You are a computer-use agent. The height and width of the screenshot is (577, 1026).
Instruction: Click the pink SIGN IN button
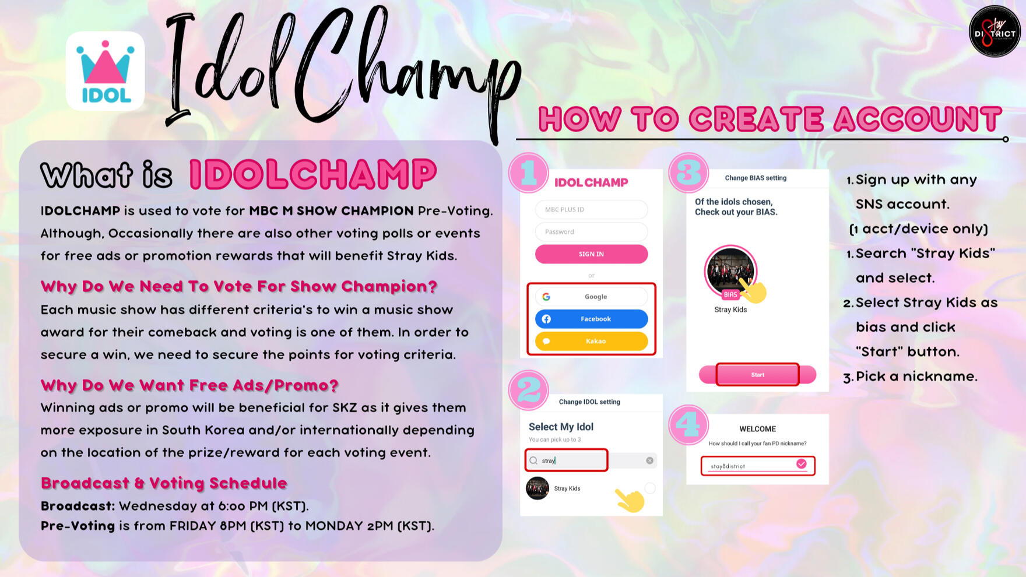[x=591, y=254]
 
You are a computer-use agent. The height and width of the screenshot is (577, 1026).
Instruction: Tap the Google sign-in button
[x=591, y=297]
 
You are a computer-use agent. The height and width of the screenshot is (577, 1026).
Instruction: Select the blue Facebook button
[x=591, y=319]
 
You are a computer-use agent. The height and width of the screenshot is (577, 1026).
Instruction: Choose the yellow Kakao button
[x=591, y=341]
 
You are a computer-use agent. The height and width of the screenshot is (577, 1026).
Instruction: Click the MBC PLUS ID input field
[x=591, y=209]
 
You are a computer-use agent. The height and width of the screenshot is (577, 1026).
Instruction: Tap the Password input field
[x=591, y=231]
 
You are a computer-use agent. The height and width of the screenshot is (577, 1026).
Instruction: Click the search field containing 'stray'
[x=591, y=460]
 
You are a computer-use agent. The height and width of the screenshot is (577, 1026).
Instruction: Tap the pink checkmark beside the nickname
[x=802, y=464]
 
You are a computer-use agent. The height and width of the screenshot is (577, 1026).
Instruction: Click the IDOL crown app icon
[x=106, y=71]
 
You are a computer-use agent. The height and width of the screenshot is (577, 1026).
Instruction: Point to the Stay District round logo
[x=995, y=31]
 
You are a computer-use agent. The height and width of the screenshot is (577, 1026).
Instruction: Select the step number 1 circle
[x=529, y=173]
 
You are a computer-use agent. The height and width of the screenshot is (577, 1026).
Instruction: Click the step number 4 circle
[x=688, y=425]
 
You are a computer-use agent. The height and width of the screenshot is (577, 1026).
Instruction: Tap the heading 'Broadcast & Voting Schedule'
[x=164, y=483]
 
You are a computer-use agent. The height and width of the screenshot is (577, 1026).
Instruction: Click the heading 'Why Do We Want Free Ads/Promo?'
[x=189, y=385]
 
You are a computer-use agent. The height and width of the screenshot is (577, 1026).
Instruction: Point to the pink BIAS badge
[x=730, y=295]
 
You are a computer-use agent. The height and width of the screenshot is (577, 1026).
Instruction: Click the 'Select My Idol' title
[x=561, y=427]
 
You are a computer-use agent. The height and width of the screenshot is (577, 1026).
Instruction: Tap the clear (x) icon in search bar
[x=650, y=460]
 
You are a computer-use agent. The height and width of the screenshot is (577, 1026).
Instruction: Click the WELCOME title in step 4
[x=758, y=429]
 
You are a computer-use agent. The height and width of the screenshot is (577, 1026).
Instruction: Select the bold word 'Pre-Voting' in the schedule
[x=78, y=526]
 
